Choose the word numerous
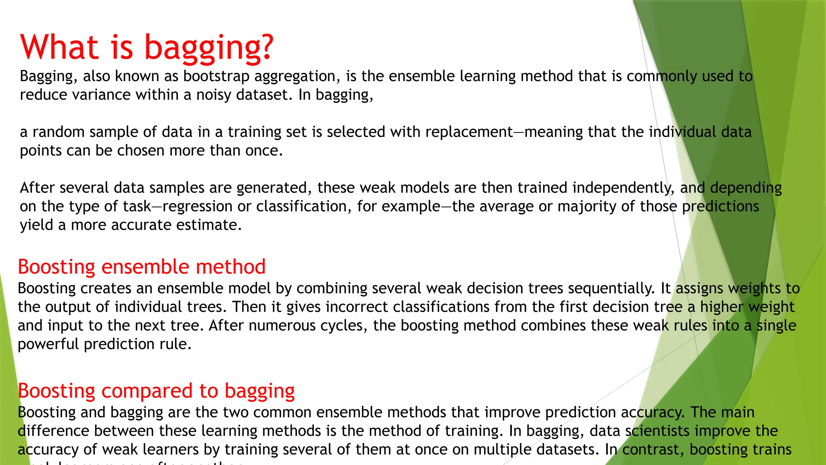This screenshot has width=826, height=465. click(282, 326)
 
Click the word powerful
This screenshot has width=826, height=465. click(48, 344)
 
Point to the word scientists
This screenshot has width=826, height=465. click(657, 431)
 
